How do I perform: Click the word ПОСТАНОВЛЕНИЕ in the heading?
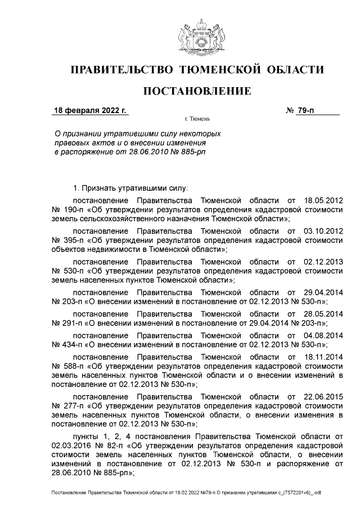(196, 91)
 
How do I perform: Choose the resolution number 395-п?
(76, 240)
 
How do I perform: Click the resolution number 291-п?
(76, 323)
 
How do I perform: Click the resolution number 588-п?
(76, 366)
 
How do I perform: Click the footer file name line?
(186, 493)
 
